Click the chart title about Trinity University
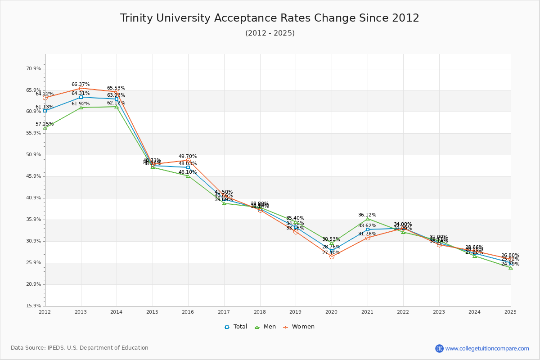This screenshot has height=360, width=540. [270, 18]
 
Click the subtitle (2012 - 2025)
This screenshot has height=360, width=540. [270, 33]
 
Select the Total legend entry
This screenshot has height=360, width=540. [236, 327]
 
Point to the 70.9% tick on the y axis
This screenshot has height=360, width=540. [34, 69]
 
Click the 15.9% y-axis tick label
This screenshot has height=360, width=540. [34, 306]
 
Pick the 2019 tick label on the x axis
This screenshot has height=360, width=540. [295, 311]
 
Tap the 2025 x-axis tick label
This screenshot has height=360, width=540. [510, 311]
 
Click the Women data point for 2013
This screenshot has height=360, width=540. [81, 89]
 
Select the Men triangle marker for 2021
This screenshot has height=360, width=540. [368, 219]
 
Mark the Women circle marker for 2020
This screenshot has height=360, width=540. [332, 256]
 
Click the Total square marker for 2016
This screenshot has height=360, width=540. [188, 167]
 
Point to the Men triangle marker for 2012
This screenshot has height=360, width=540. [45, 128]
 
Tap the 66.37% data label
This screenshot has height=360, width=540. [81, 84]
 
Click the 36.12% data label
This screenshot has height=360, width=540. [367, 215]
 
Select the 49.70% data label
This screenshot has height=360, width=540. [188, 156]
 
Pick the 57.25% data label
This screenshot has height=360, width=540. [45, 124]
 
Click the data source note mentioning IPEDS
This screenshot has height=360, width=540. [80, 348]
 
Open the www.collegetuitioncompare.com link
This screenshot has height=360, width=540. [487, 348]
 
